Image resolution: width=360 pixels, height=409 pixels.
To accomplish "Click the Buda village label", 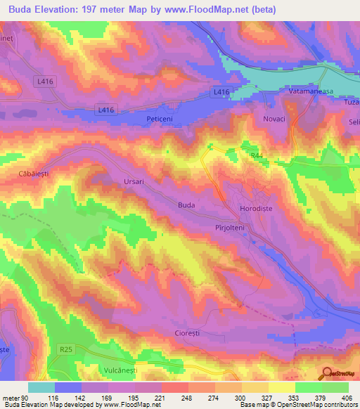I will click(186, 205).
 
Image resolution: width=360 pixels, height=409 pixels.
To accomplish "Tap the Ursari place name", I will click(132, 181).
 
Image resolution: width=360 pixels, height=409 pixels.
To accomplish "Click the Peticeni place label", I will click(161, 119).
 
